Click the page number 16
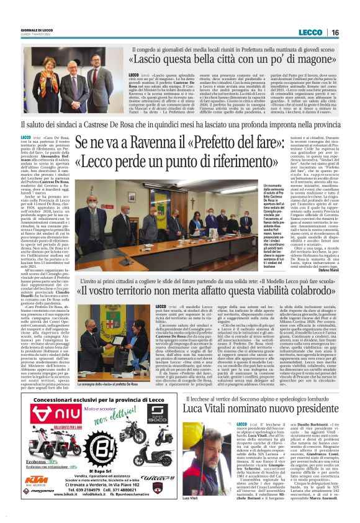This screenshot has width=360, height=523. (351, 33)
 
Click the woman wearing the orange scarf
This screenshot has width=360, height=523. (50, 80)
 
